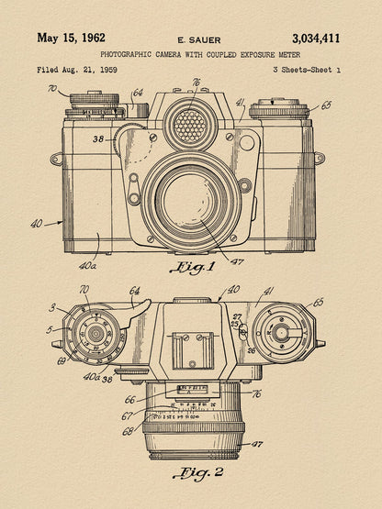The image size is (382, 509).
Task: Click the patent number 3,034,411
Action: click(316, 39)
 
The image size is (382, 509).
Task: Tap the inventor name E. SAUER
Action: click(199, 40)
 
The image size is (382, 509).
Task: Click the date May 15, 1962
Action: click(72, 38)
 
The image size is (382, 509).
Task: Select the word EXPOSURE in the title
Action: click(258, 54)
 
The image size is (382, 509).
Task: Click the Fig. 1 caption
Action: click(193, 267)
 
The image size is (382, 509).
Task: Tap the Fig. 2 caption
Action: click(198, 472)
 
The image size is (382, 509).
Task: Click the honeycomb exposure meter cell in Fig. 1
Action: click(190, 126)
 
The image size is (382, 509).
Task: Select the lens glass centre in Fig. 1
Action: click(187, 200)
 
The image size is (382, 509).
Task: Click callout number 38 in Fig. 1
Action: click(98, 139)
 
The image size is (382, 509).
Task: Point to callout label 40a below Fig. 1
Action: click(87, 266)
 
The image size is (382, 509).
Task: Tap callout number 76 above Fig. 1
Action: click(196, 83)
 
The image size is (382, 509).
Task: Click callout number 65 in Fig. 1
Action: click(326, 105)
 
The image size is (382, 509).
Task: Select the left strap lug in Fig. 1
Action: click(56, 159)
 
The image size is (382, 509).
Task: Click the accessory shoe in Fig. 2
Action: click(193, 350)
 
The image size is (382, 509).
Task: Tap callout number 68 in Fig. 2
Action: click(128, 431)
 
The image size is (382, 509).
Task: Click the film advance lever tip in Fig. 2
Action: click(147, 304)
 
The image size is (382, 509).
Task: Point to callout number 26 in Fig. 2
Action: click(252, 350)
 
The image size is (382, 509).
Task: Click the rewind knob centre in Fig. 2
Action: click(280, 332)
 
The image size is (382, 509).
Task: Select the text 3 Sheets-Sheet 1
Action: click(307, 70)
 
